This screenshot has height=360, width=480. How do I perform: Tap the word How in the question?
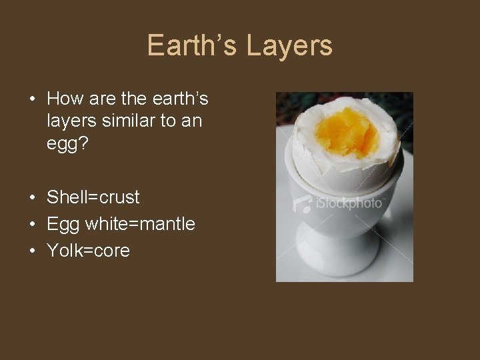click(x=65, y=99)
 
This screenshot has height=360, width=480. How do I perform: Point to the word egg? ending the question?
click(x=64, y=144)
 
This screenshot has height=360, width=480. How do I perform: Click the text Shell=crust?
click(x=93, y=197)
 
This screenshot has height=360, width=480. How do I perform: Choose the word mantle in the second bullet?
click(x=166, y=224)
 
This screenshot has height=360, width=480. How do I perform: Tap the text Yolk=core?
click(x=88, y=251)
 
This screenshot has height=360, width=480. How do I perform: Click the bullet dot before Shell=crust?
click(x=32, y=198)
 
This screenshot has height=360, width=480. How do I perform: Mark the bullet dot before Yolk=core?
click(x=32, y=251)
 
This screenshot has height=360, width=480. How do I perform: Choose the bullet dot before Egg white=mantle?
click(x=32, y=225)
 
